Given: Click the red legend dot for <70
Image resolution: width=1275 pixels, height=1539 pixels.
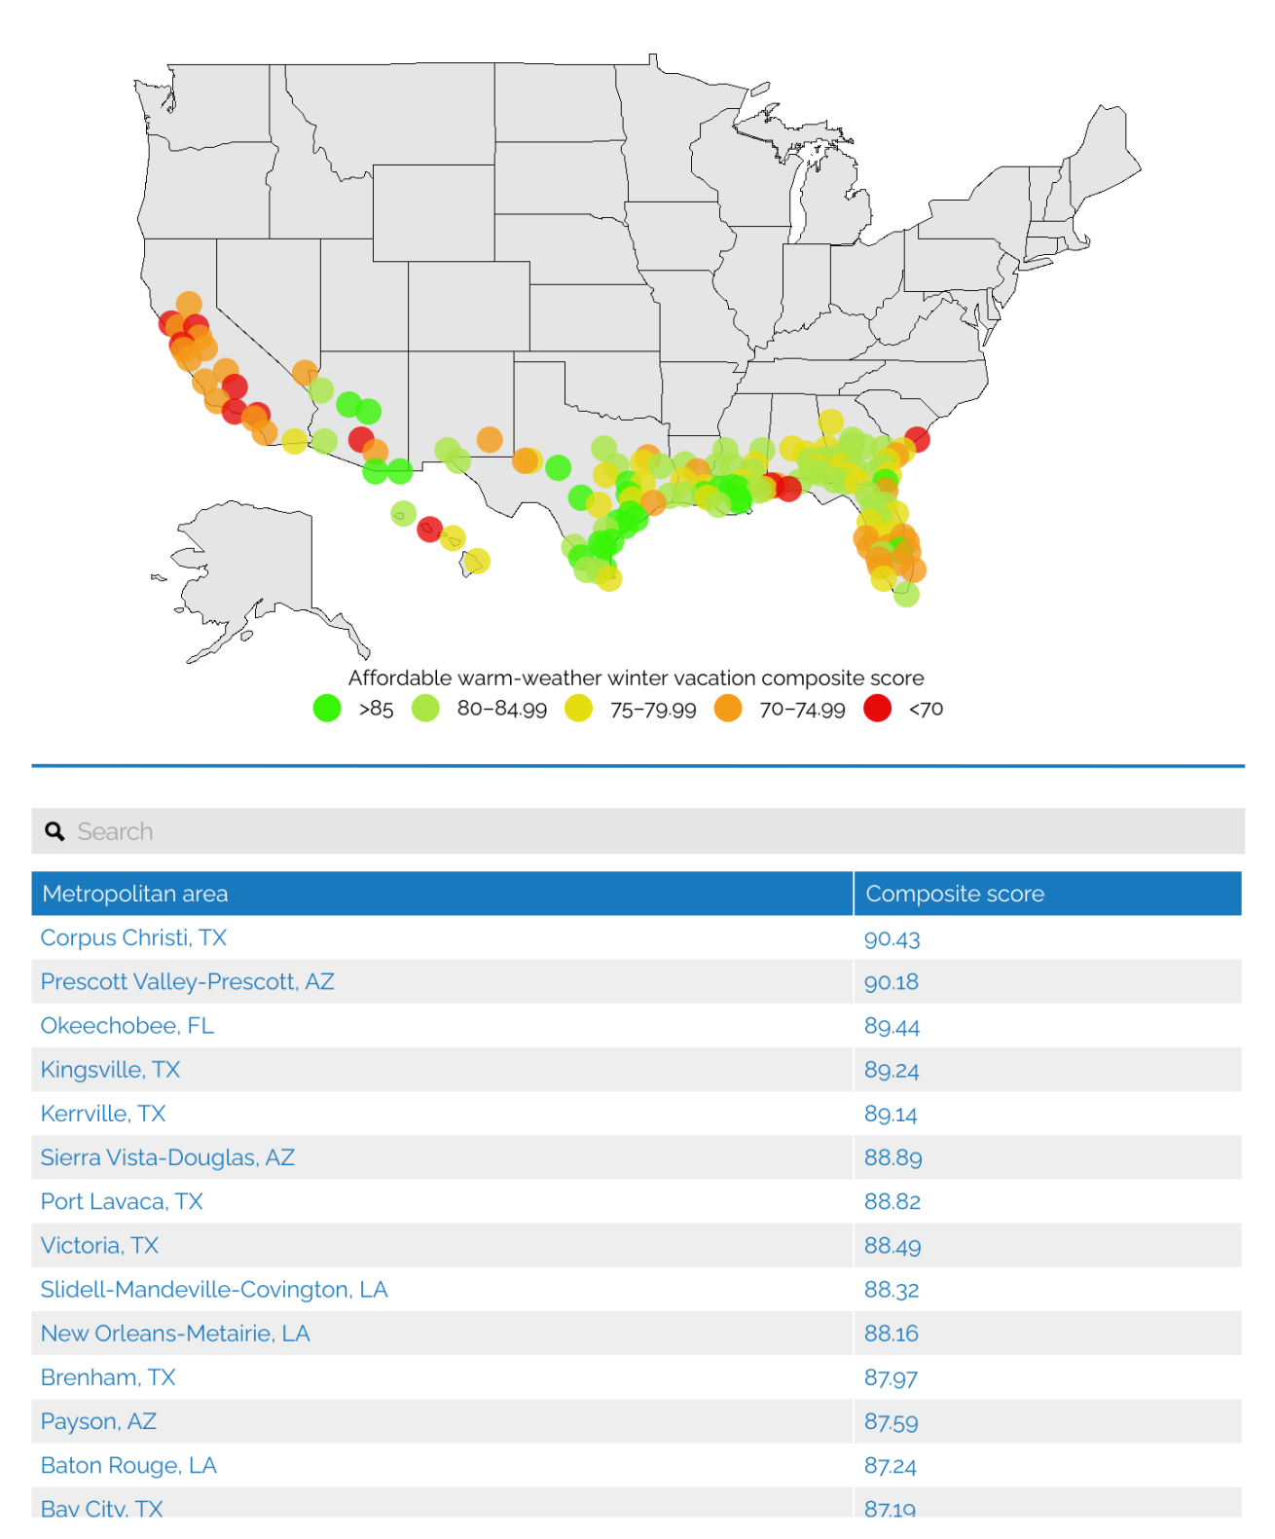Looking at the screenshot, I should [877, 708].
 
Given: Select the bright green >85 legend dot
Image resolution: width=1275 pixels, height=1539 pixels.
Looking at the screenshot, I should [327, 708].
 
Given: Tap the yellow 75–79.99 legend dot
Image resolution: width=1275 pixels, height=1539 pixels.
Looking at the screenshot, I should [578, 708].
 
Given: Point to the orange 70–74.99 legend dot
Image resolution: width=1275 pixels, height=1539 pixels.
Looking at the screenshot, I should [727, 708].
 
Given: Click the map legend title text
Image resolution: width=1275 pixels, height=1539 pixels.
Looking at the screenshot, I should [636, 678].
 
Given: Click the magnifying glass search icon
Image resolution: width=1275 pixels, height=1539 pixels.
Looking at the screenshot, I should [55, 831].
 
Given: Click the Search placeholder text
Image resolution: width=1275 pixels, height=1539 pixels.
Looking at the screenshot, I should [115, 831].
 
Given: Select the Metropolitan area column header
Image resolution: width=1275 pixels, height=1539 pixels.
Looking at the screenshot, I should [135, 894].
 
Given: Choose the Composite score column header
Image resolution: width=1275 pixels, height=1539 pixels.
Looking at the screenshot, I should [954, 894].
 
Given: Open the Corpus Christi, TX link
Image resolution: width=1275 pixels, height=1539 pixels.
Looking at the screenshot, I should [133, 937].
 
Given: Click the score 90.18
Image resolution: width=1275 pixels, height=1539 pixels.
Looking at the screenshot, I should [891, 981].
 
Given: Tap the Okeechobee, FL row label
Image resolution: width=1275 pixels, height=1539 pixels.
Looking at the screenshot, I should [127, 1025].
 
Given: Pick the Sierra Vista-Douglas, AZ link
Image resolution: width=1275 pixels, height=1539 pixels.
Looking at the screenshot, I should [167, 1157].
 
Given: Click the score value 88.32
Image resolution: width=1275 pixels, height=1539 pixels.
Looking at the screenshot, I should [891, 1289].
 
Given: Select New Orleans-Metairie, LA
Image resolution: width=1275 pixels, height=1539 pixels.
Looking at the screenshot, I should [175, 1333].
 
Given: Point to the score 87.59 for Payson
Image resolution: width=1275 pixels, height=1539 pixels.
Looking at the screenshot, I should [891, 1421].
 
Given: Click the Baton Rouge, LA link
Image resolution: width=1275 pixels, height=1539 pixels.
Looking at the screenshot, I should [128, 1465].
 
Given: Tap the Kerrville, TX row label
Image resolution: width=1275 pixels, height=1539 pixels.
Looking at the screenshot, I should [103, 1114].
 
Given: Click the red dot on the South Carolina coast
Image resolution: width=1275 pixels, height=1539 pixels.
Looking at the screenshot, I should [917, 439].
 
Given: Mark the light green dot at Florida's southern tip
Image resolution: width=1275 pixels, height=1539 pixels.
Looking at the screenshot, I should [906, 594].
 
